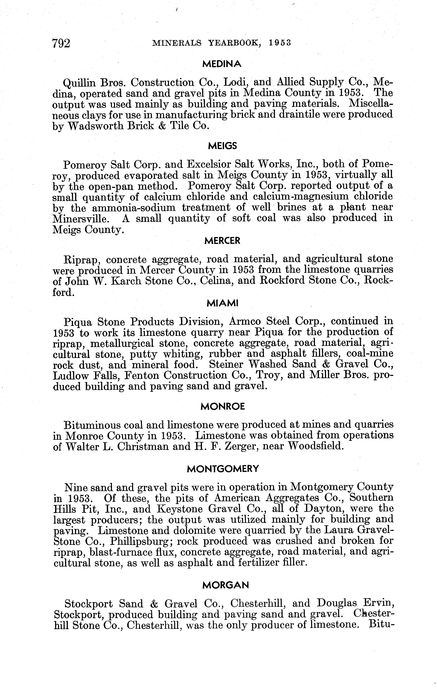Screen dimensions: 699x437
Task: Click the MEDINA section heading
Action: pyautogui.click(x=222, y=64)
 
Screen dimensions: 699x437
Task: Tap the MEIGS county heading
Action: pyautogui.click(x=222, y=146)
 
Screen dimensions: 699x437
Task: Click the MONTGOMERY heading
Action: pyautogui.click(x=223, y=469)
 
